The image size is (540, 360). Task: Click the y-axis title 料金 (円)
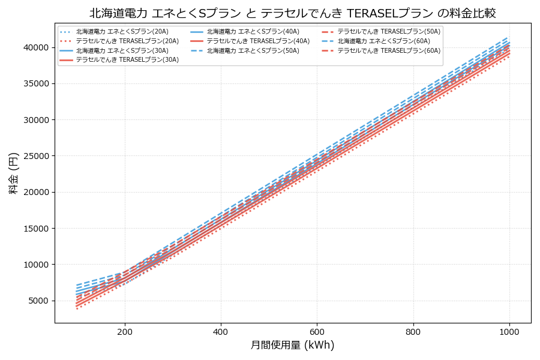(13, 173)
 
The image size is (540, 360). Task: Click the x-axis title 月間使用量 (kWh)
(292, 345)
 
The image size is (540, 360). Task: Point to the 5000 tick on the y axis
(40, 301)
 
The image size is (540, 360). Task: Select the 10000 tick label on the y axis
(37, 265)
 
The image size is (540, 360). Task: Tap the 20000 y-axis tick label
(37, 192)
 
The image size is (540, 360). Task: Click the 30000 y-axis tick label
(37, 120)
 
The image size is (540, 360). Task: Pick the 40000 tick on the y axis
(37, 47)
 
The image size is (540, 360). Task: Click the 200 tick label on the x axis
(125, 331)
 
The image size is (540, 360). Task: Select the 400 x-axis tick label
(221, 331)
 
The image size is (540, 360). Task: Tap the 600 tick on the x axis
(317, 331)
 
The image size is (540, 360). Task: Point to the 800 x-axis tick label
(413, 331)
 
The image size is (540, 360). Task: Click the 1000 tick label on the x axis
(509, 331)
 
